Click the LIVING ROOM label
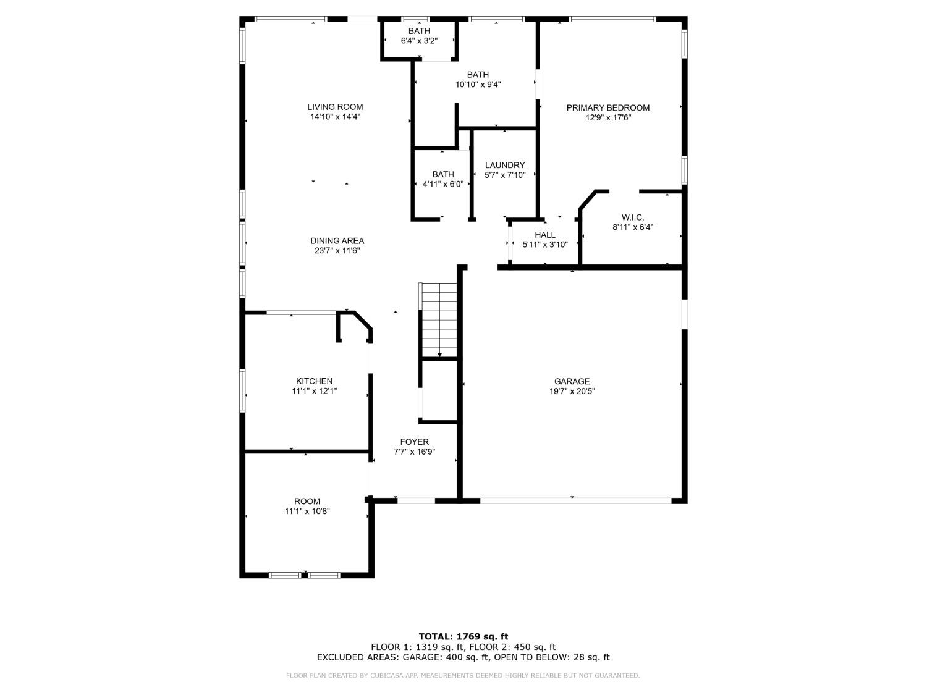[x=335, y=107]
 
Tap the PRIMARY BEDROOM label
[x=607, y=107]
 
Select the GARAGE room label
[x=572, y=381]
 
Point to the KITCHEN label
[x=314, y=381]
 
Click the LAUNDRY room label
[x=504, y=165]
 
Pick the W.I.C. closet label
[x=632, y=217]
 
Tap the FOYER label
[x=414, y=442]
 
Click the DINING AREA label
[x=337, y=241]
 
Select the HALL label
[x=544, y=235]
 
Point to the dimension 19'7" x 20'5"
[x=572, y=391]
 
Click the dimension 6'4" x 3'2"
[x=419, y=41]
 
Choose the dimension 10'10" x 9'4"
[x=478, y=85]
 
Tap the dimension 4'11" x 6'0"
[x=442, y=183]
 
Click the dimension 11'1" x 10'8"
[x=307, y=511]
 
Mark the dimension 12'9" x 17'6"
[x=607, y=117]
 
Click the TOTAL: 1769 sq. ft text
[x=463, y=636]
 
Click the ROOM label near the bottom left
[x=307, y=501]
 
